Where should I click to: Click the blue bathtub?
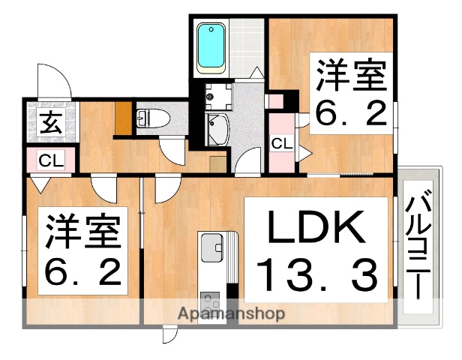tap(211, 47)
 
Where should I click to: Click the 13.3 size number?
tap(316, 274)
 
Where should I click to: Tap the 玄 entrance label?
tap(51, 121)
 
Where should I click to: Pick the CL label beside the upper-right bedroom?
tap(282, 143)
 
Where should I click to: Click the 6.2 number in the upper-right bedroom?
tap(351, 112)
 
